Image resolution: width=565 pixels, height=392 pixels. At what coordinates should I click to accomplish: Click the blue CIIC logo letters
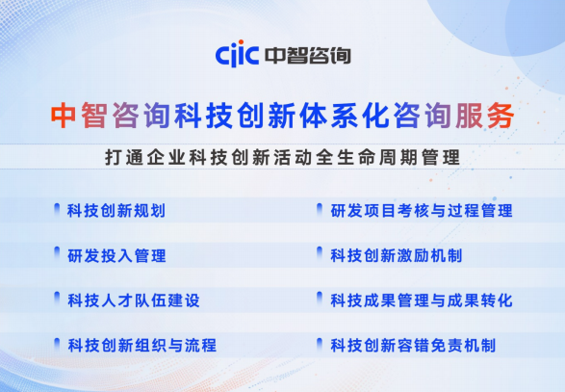point(239,55)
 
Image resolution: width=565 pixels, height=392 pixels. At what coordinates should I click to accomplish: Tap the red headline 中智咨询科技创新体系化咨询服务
point(282,116)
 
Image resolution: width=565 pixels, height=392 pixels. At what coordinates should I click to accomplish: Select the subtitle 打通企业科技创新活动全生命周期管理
point(282,157)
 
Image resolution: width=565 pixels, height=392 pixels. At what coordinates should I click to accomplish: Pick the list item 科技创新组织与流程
point(141,345)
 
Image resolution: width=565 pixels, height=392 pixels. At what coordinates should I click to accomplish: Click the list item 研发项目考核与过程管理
point(421,211)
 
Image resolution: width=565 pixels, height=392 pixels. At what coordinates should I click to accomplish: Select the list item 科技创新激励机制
point(396,255)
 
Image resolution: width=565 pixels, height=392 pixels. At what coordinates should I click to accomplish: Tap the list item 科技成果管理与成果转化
point(421,301)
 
